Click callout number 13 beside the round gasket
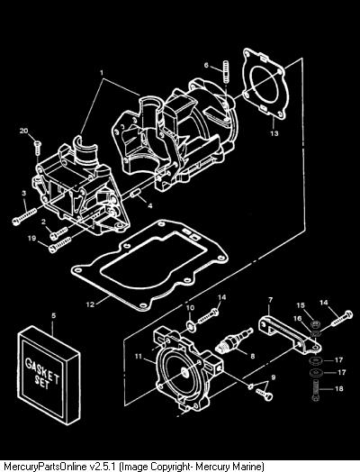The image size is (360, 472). [274, 133]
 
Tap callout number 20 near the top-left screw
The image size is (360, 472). [23, 131]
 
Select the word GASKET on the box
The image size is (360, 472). [42, 370]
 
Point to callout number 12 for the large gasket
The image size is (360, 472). [90, 304]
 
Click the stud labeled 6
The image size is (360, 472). [225, 71]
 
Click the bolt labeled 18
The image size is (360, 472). [316, 390]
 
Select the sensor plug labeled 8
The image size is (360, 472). [234, 340]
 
